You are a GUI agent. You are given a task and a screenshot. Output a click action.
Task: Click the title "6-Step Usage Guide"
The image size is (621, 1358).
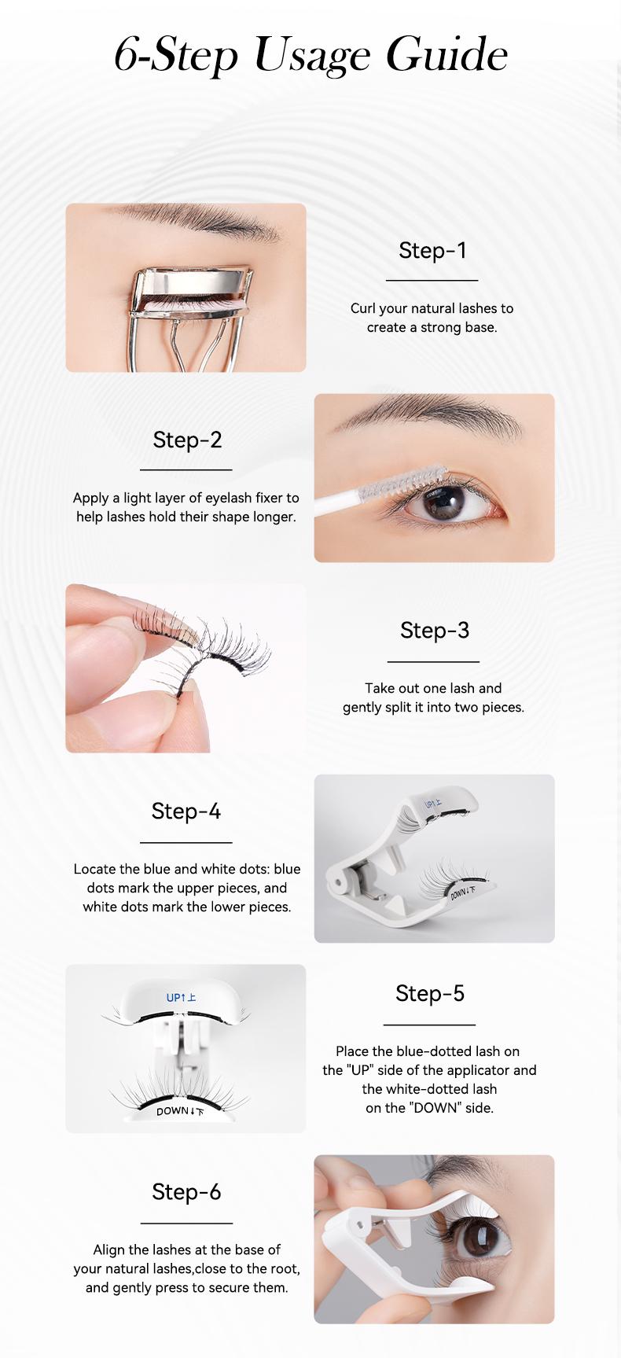coord(310,55)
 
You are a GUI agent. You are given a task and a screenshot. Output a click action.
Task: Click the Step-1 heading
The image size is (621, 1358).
coord(432,250)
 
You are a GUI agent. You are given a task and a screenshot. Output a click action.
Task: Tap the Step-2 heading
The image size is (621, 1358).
coord(187,440)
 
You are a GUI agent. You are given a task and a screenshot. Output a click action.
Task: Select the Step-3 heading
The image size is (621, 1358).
coord(434,630)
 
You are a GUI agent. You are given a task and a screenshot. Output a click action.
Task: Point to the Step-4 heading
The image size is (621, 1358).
coord(186,811)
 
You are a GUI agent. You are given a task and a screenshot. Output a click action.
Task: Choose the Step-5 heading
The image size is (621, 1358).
coord(430,993)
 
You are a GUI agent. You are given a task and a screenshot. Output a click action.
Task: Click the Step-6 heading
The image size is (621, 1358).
coord(186,1192)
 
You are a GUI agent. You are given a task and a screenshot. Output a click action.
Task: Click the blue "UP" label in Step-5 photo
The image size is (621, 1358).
coord(181,998)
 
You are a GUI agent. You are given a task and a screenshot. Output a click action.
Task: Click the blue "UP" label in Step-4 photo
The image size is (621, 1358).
coord(433,804)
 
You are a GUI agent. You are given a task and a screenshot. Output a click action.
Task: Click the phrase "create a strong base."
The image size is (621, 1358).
coord(432,327)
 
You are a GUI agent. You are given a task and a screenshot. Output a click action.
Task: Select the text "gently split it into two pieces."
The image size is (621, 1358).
coord(433,707)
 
